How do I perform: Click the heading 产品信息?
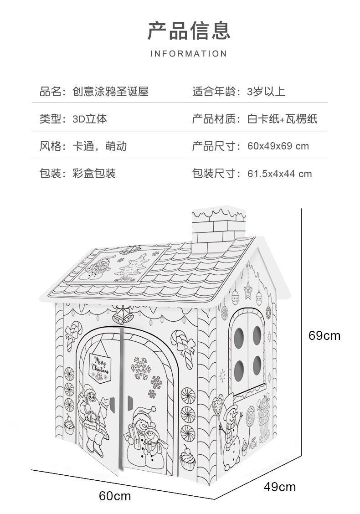point(189,30)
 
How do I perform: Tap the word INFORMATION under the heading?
point(189,54)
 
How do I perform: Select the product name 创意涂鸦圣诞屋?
point(111,92)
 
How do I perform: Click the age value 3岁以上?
point(266,92)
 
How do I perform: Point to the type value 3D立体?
point(90,119)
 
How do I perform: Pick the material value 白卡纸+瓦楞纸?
point(283,119)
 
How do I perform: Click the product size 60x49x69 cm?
point(278,146)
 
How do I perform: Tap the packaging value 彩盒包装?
point(94,174)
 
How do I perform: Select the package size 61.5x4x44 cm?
point(280,174)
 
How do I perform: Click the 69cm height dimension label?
point(324,336)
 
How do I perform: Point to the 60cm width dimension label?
point(115,496)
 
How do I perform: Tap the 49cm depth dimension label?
point(279,487)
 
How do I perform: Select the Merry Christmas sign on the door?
point(99,365)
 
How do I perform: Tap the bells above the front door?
point(123,314)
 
